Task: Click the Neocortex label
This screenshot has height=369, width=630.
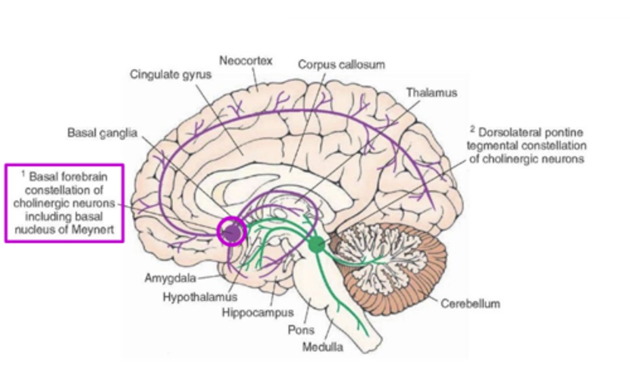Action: pyautogui.click(x=245, y=60)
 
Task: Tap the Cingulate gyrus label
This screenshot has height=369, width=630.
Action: pyautogui.click(x=171, y=74)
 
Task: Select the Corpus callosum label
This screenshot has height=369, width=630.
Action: pyautogui.click(x=341, y=65)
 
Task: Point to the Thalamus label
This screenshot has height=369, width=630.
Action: pyautogui.click(x=431, y=93)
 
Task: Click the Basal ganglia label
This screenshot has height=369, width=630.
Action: pyautogui.click(x=102, y=133)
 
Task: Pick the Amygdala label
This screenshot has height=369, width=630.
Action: pyautogui.click(x=170, y=278)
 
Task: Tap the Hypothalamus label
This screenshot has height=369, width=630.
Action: pyautogui.click(x=200, y=297)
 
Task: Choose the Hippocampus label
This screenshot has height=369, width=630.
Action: pyautogui.click(x=257, y=313)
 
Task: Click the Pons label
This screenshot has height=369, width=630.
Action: pyautogui.click(x=301, y=330)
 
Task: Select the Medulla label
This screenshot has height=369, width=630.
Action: pyautogui.click(x=323, y=348)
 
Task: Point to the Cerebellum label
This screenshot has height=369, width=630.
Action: pyautogui.click(x=470, y=303)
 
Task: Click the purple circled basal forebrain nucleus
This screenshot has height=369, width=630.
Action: pyautogui.click(x=231, y=232)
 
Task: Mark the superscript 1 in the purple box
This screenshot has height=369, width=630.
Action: pyautogui.click(x=23, y=174)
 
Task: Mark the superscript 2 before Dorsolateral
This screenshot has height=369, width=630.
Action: pyautogui.click(x=472, y=129)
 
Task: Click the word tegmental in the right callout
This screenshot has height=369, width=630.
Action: pyautogui.click(x=493, y=145)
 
